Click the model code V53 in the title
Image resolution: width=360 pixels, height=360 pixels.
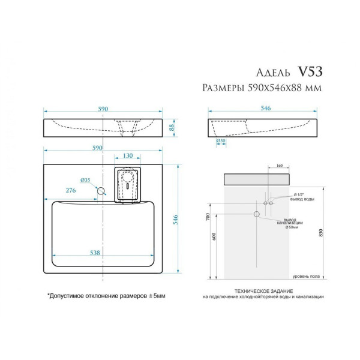(310, 71)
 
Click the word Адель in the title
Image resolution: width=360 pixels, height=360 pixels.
(274, 72)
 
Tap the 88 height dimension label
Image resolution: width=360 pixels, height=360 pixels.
(171, 127)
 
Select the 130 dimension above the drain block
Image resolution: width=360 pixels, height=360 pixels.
(128, 155)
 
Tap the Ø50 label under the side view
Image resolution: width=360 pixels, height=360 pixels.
(220, 142)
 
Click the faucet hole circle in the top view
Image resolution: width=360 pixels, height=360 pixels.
(101, 191)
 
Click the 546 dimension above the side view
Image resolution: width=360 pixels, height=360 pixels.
(265, 108)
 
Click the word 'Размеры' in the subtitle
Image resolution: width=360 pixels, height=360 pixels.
(222, 88)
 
